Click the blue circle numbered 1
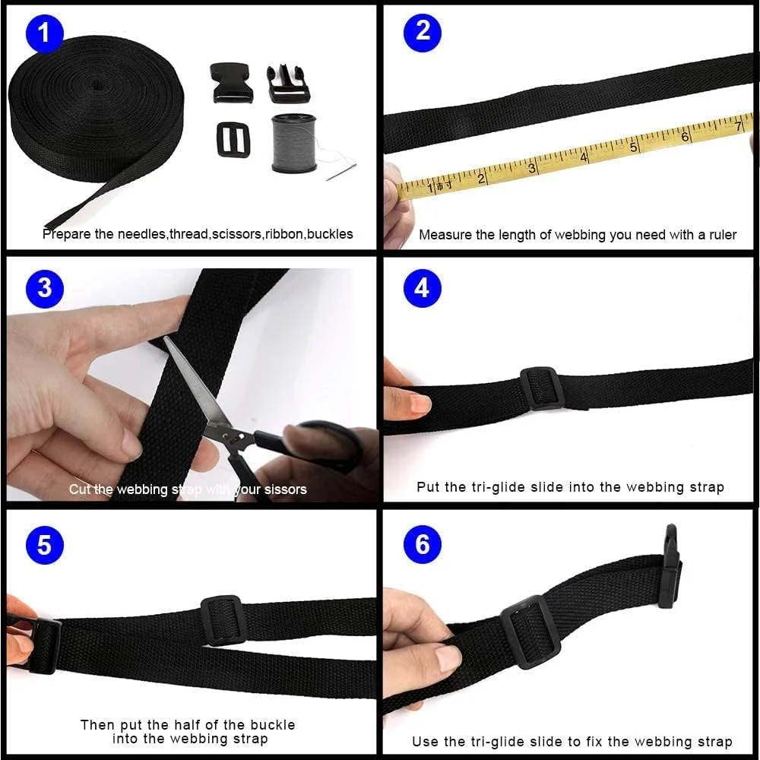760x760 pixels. tap(45, 33)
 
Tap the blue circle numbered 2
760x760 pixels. tap(423, 32)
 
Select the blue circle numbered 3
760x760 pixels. tap(45, 288)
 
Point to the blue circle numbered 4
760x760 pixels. tap(422, 288)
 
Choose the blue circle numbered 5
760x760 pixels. tap(45, 545)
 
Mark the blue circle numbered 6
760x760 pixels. tap(422, 544)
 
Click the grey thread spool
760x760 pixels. tap(293, 143)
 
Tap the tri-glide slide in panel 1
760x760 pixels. tap(233, 140)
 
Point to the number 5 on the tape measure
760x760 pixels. tap(633, 147)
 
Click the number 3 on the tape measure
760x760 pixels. tap(532, 169)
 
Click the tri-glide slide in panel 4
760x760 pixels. tap(541, 388)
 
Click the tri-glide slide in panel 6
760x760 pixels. tap(530, 632)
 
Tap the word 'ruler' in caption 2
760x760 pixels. tap(723, 235)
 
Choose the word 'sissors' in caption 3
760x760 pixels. tap(286, 489)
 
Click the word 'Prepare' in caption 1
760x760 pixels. tap(67, 235)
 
